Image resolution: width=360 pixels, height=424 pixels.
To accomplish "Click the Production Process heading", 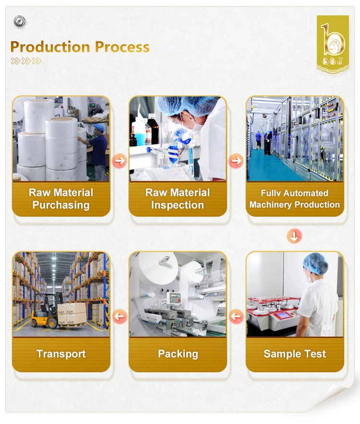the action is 80,47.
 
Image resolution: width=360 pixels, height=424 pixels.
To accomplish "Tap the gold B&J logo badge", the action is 333,44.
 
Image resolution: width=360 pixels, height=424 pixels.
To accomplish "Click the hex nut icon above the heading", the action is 20,21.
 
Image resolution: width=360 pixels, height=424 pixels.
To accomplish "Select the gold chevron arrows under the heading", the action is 26,61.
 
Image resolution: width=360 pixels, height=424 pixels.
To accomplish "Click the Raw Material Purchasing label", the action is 61,199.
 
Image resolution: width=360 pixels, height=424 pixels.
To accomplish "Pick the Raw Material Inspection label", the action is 178,199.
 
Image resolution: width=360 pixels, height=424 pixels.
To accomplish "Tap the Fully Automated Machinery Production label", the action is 295,199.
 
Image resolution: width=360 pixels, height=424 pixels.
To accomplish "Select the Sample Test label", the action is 295,354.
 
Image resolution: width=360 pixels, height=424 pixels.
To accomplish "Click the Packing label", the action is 178,354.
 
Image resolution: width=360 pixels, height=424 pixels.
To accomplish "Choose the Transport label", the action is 61,354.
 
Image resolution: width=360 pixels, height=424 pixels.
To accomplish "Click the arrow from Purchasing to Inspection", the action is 120,160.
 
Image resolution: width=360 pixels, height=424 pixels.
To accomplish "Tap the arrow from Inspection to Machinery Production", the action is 236,160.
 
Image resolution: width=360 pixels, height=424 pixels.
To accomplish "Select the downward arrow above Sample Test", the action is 295,236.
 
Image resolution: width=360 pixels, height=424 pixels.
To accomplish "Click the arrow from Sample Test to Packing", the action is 236,316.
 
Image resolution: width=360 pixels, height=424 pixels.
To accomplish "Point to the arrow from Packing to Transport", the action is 120,316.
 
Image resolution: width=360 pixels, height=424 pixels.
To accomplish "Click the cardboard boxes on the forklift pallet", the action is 72,313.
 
